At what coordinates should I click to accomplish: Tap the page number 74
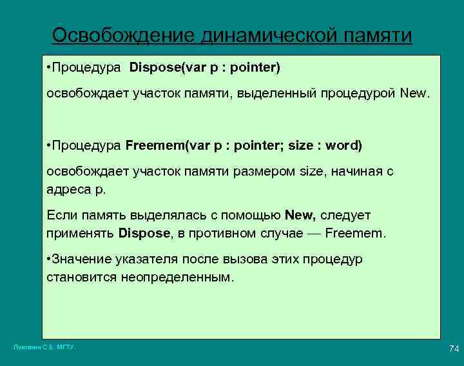pyautogui.click(x=453, y=349)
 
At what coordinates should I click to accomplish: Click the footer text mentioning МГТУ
pyautogui.click(x=44, y=347)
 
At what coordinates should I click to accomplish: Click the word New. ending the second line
pyautogui.click(x=413, y=94)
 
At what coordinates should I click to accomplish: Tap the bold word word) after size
pyautogui.click(x=344, y=145)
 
